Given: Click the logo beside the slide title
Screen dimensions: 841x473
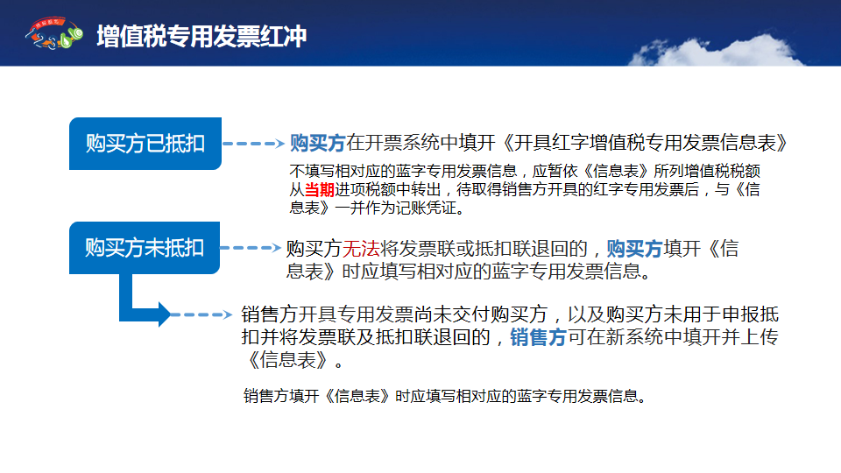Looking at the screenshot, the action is click(53, 33).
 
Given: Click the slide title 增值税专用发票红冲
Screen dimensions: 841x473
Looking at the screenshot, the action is click(201, 37).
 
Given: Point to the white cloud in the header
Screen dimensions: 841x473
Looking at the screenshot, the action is click(716, 51).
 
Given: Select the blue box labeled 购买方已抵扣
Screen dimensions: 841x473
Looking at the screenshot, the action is click(145, 144).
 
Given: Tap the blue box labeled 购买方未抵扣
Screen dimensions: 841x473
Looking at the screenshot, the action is click(145, 248).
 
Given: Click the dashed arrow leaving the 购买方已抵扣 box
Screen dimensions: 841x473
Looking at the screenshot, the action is click(253, 143).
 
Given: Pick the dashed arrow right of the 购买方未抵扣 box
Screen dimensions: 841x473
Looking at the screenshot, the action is click(251, 248).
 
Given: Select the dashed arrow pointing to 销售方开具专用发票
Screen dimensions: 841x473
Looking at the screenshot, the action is click(201, 314).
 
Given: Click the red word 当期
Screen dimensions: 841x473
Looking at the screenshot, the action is click(319, 189).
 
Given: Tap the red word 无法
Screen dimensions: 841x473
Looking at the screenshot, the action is click(361, 248).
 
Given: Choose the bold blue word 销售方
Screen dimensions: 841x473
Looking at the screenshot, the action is click(538, 337).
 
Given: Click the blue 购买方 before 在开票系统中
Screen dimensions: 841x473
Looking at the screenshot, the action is click(317, 143).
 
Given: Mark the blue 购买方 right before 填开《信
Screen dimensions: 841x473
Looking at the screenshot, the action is click(635, 248).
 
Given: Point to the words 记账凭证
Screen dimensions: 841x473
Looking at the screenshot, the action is click(426, 208).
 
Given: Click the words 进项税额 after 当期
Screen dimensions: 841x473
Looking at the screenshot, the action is click(364, 189).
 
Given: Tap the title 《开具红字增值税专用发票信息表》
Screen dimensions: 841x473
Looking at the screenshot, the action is click(644, 143).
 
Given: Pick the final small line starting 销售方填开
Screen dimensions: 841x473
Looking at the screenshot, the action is click(445, 396).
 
